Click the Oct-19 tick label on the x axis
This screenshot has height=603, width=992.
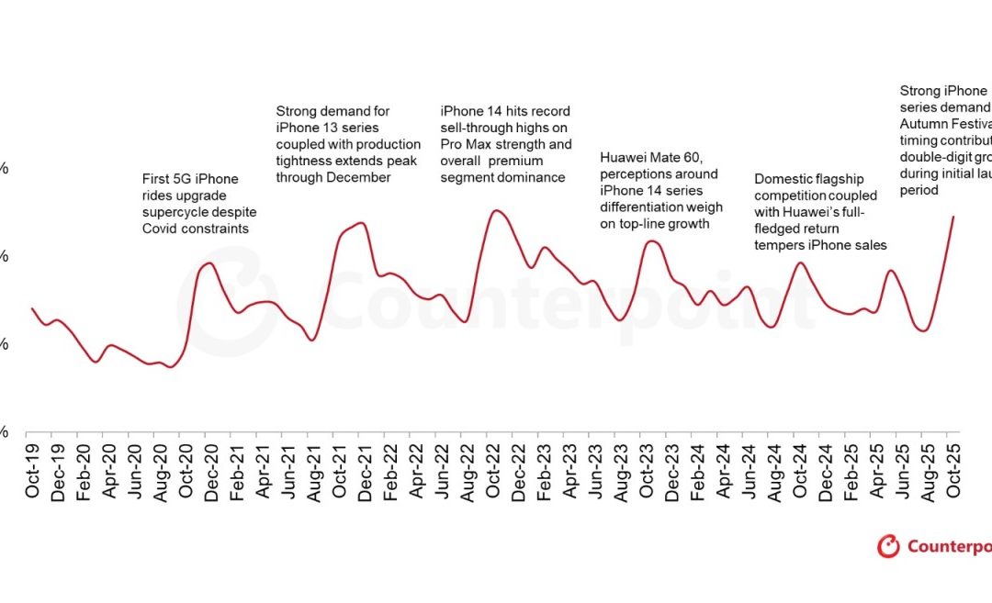(x=33, y=475)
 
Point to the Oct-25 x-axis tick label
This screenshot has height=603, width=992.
(x=953, y=475)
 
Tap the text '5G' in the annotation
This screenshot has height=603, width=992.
(x=186, y=179)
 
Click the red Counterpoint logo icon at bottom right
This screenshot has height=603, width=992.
(x=888, y=546)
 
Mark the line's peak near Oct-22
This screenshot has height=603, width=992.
(x=496, y=210)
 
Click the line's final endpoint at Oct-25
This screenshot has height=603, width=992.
(x=953, y=217)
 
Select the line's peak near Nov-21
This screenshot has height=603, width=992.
(x=361, y=222)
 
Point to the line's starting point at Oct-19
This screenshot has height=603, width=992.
(x=32, y=308)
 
